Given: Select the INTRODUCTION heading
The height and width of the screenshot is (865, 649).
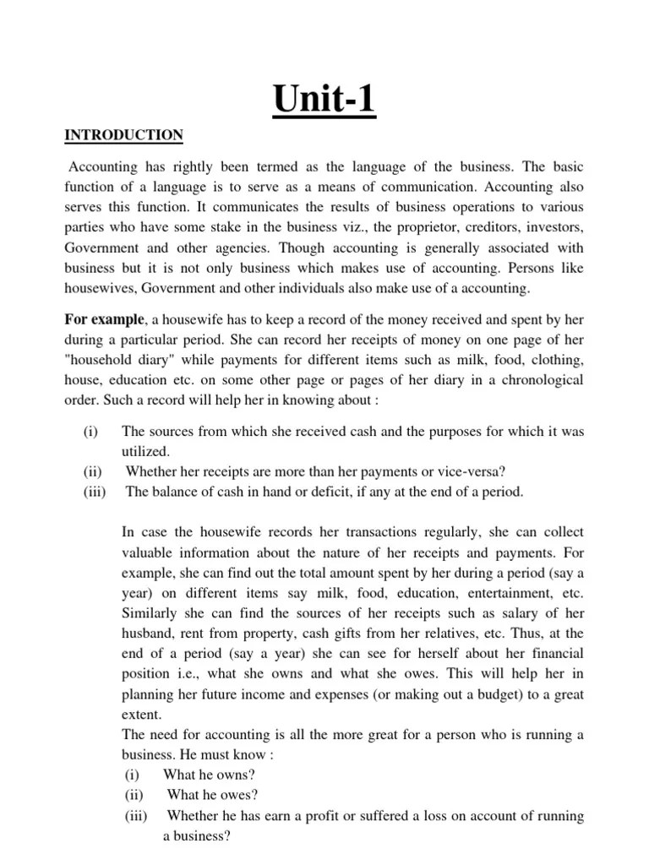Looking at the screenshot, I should pos(123,135).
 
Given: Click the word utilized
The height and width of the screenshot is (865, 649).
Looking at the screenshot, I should pos(147,452).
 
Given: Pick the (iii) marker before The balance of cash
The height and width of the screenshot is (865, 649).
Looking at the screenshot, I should pos(95,492).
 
